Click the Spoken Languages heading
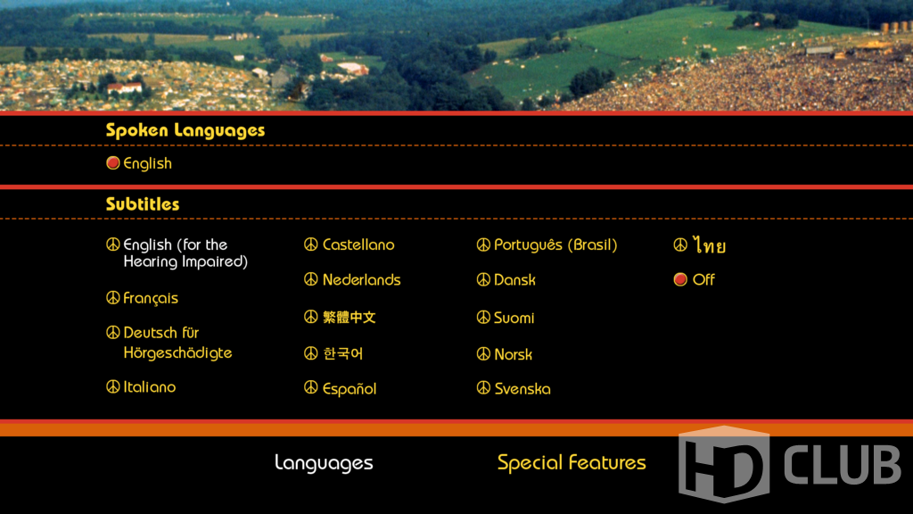[x=185, y=130]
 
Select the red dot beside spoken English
[x=113, y=163]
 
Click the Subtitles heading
[x=143, y=204]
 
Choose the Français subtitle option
[x=151, y=298]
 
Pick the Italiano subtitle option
[x=150, y=387]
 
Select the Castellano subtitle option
[x=358, y=245]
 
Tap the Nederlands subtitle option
[x=362, y=279]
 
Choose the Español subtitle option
[x=350, y=389]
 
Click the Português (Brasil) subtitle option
[x=555, y=245]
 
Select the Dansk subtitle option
[x=514, y=279]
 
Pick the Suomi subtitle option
[x=514, y=318]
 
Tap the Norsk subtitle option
[x=513, y=354]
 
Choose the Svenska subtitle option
[x=522, y=389]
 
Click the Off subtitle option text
[x=703, y=279]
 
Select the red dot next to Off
[x=680, y=279]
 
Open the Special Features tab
[x=572, y=463]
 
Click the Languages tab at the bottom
[x=324, y=463]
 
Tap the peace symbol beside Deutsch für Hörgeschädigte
[x=113, y=332]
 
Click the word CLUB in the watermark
[x=842, y=464]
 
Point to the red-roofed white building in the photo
[x=125, y=88]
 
